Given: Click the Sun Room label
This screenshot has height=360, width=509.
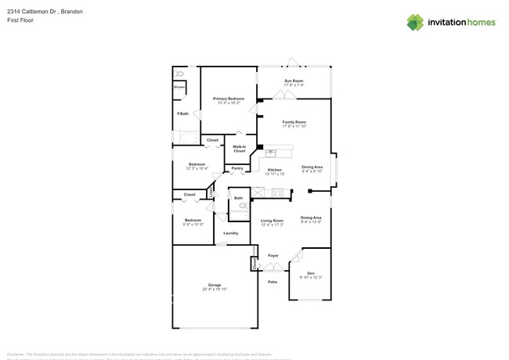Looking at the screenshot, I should [x=294, y=81].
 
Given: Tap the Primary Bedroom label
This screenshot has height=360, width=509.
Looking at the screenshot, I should [x=229, y=99].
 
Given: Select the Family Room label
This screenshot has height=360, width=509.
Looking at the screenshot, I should [x=294, y=122].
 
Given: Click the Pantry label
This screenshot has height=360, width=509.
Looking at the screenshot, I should [x=236, y=168].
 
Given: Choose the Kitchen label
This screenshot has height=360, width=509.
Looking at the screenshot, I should [x=274, y=170].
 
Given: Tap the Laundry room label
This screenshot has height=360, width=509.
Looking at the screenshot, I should [x=230, y=232].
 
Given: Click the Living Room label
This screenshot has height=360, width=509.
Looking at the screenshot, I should [x=272, y=221].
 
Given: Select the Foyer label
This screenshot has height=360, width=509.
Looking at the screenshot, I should [x=273, y=255].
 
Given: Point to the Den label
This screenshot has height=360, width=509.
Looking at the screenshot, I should [x=311, y=273].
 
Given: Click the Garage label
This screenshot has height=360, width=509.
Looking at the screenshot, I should [x=214, y=284].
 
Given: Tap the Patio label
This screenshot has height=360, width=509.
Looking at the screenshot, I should [x=273, y=282].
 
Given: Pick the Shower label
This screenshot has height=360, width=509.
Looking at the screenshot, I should [x=179, y=87].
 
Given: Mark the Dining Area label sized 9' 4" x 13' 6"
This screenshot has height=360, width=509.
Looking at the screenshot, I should [x=311, y=218].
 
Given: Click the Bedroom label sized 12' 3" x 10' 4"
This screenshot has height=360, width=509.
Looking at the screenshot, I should [x=196, y=164].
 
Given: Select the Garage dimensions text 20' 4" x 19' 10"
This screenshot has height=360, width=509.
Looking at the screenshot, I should [x=214, y=289].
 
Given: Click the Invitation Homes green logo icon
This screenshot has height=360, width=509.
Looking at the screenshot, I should [x=415, y=22].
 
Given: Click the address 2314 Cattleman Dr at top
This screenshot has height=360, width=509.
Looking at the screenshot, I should [x=31, y=13].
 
